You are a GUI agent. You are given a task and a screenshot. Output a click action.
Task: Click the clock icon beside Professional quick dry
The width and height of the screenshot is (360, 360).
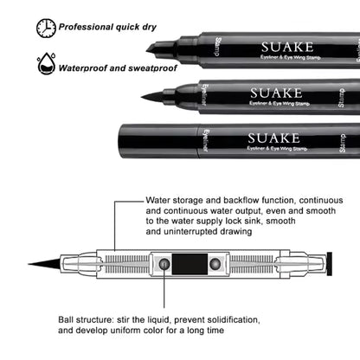(x=46, y=28)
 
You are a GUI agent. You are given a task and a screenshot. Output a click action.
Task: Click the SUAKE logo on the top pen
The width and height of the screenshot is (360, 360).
(x=274, y=46)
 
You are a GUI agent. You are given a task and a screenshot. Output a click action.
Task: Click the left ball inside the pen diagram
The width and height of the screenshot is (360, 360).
(x=164, y=264)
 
